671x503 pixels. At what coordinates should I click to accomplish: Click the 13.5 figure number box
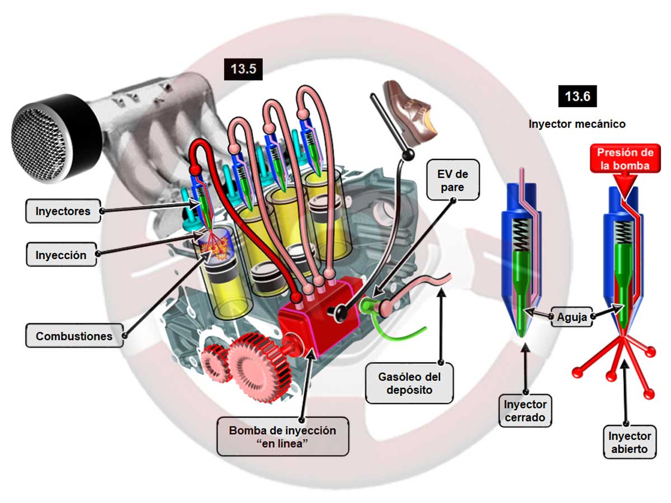click(x=243, y=69)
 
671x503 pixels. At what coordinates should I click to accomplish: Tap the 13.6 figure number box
click(x=577, y=96)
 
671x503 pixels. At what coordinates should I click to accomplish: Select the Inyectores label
click(x=63, y=211)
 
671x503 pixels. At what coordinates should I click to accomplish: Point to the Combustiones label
click(x=74, y=336)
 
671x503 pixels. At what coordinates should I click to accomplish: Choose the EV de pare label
click(x=453, y=179)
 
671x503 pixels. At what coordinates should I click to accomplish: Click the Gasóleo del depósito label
click(x=410, y=383)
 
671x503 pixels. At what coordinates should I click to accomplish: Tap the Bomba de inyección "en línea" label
click(x=282, y=436)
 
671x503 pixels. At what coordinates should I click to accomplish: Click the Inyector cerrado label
click(x=525, y=411)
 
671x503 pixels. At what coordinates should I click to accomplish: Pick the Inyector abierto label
click(x=629, y=442)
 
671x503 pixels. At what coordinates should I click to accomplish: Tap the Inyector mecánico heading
click(x=577, y=124)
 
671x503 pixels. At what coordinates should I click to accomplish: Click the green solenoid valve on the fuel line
click(x=372, y=306)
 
